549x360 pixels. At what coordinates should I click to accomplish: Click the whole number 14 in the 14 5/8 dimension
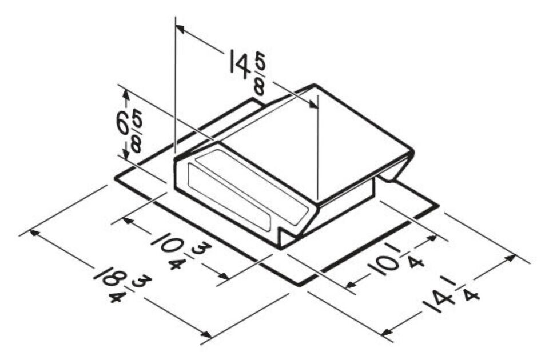tap(239, 62)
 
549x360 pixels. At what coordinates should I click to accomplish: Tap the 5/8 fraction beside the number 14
tap(258, 75)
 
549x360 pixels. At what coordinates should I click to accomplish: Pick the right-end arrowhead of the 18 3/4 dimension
tap(206, 336)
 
